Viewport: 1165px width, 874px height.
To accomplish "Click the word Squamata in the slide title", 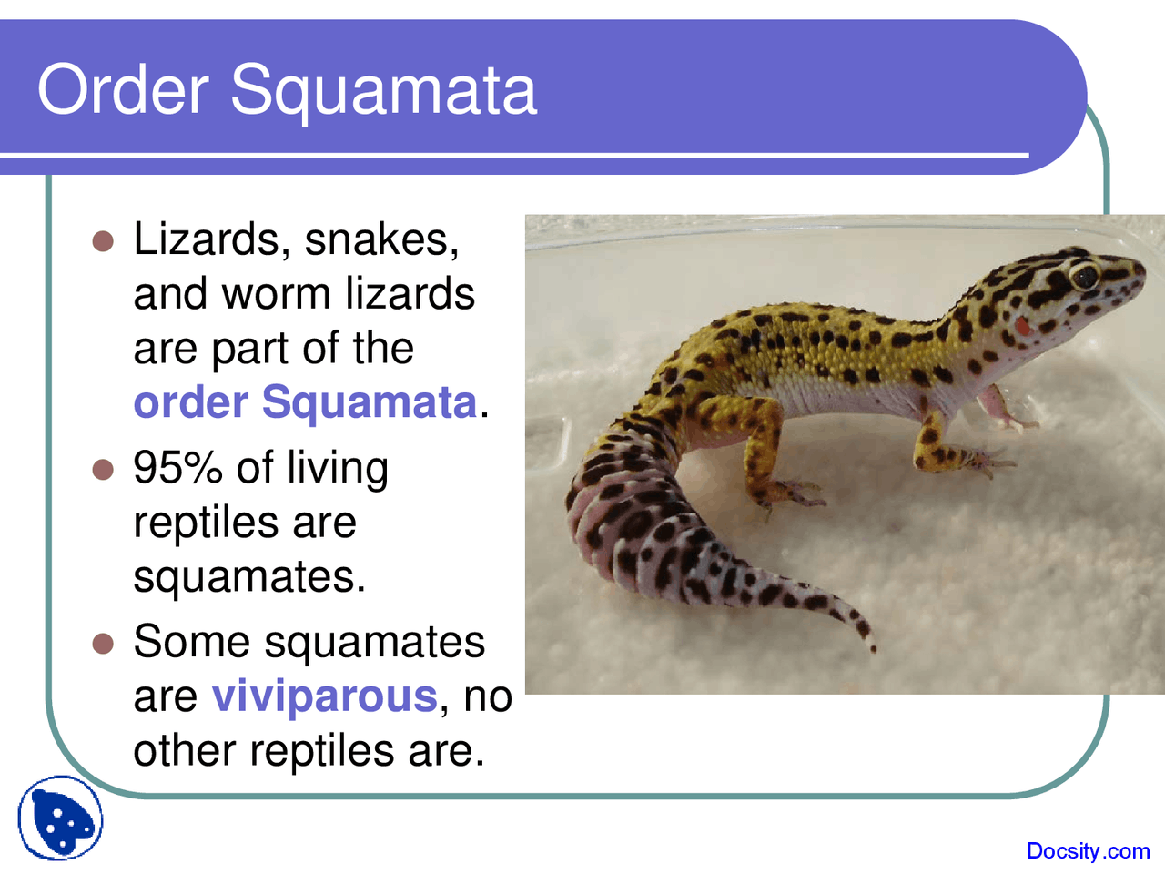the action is point(384,94).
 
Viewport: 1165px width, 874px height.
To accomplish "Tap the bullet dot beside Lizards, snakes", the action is point(103,241).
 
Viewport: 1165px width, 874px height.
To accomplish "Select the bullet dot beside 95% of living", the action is point(103,470).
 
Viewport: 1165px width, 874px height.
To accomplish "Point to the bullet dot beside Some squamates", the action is point(103,644).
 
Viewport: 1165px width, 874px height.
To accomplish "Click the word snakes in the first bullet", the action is point(381,240).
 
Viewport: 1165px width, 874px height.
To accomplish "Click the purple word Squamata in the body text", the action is point(370,402).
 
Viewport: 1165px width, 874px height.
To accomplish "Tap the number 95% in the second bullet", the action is point(177,468).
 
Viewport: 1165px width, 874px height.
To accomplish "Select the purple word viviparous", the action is point(325,696).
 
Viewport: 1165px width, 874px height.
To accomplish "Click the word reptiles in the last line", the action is point(322,751).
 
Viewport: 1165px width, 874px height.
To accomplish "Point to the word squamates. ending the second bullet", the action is point(249,578).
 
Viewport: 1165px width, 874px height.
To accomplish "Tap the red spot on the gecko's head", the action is point(1023,325).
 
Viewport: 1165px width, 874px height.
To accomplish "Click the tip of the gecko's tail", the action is point(873,649).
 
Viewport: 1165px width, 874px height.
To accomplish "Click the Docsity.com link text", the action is point(1088,851).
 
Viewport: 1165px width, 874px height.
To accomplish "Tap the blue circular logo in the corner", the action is point(60,818).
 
